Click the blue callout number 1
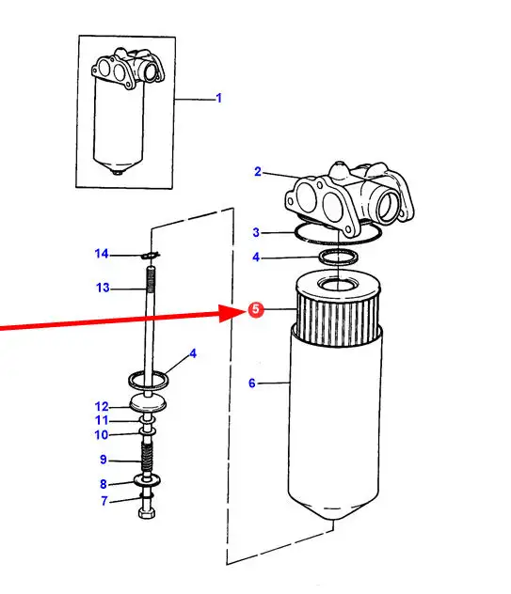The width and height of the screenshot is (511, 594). [218, 98]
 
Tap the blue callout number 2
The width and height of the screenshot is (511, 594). [258, 172]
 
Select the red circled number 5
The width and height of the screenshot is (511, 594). [256, 309]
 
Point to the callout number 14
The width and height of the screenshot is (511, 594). [102, 254]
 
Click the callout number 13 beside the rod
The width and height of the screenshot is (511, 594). [103, 288]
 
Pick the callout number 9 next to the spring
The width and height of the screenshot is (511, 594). [104, 460]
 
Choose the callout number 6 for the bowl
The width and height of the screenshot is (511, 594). [252, 383]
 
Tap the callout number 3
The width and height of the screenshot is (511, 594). [256, 232]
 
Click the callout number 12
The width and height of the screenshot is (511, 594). [102, 406]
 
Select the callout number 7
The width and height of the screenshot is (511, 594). [104, 501]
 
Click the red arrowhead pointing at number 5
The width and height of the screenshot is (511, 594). [230, 313]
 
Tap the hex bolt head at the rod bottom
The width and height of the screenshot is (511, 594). [147, 514]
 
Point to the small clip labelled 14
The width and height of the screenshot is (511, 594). [151, 255]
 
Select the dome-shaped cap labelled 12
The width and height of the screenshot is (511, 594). [148, 402]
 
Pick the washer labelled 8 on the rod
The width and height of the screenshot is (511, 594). [147, 480]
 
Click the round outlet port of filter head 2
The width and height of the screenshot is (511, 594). [388, 206]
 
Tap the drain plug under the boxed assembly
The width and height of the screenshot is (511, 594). [118, 172]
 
